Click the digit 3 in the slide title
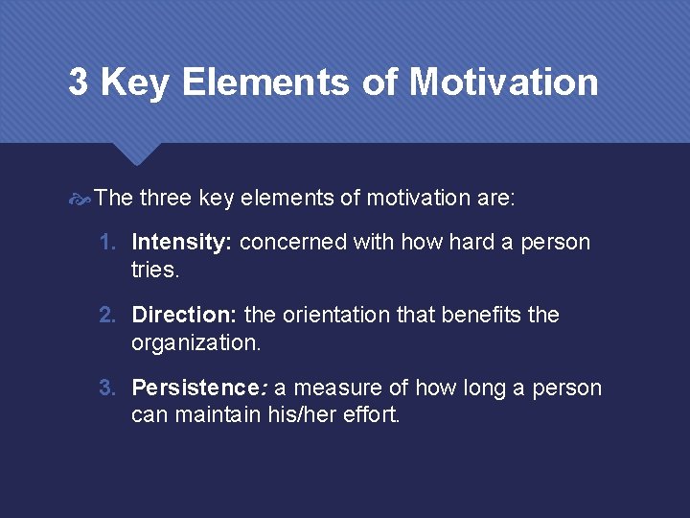click(x=79, y=82)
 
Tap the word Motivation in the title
click(x=503, y=82)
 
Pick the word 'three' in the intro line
click(x=166, y=199)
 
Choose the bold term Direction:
click(x=185, y=316)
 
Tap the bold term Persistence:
click(x=199, y=388)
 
